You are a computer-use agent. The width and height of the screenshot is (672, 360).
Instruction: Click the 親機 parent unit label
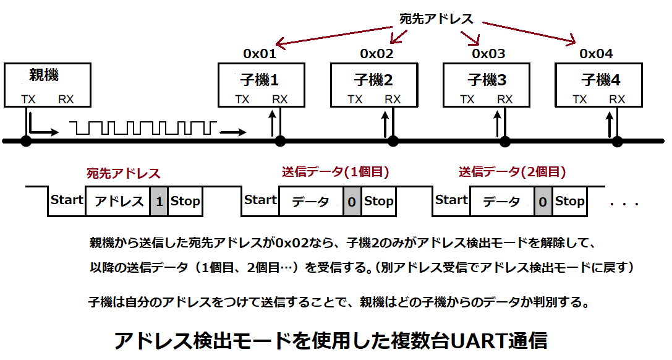(x=45, y=76)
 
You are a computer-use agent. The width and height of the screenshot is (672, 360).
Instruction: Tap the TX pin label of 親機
(x=28, y=99)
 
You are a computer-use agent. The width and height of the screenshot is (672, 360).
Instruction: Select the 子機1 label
(x=260, y=80)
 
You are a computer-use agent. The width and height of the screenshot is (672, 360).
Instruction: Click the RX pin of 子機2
(x=393, y=99)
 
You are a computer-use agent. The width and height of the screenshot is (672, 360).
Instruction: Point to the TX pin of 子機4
(x=580, y=99)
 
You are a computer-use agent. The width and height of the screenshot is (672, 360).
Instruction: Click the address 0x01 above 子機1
(x=260, y=54)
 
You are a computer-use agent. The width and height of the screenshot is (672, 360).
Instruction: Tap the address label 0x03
(x=489, y=54)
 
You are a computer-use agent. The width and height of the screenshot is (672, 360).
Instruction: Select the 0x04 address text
(x=596, y=54)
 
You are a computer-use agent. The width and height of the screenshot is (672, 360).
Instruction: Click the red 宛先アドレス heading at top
(x=436, y=19)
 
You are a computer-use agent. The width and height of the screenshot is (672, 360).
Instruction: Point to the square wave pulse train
(x=143, y=128)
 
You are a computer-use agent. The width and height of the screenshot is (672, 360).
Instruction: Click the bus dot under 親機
(x=25, y=142)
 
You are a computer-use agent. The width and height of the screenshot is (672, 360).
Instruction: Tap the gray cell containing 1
(x=159, y=202)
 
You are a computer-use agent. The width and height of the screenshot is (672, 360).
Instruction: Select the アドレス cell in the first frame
(x=118, y=202)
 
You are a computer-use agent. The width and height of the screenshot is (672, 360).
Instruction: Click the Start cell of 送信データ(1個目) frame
(x=260, y=200)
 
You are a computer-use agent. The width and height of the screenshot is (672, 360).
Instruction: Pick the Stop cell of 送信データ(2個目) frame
(x=569, y=200)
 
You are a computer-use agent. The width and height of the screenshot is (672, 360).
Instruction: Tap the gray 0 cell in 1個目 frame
(x=352, y=202)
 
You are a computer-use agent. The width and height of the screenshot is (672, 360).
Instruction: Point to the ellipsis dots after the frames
(x=625, y=204)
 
